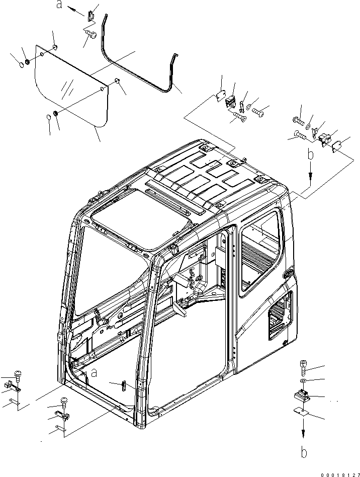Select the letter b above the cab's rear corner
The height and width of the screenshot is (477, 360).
pyautogui.click(x=311, y=155)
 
